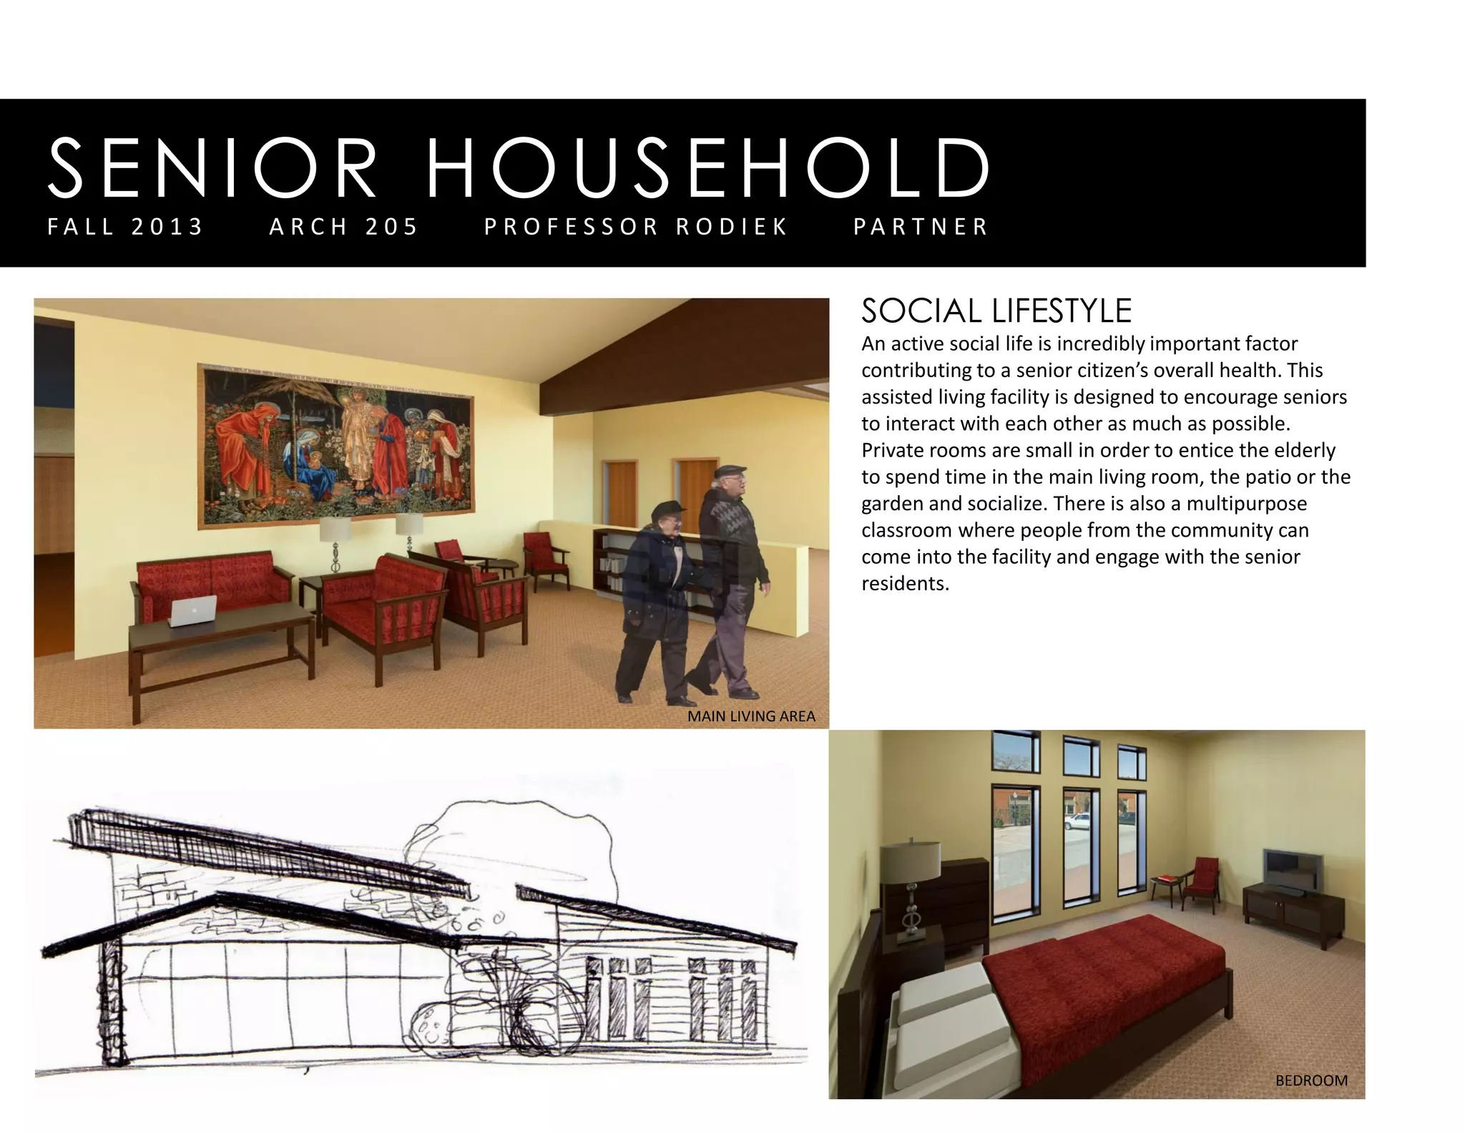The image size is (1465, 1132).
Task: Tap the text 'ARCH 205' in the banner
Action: tap(343, 227)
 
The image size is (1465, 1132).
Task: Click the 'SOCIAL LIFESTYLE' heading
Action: tap(996, 311)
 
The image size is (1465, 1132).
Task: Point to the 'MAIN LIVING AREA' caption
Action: tap(750, 716)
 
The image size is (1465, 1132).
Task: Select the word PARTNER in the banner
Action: tap(921, 227)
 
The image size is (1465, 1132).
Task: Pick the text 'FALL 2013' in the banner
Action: tap(126, 227)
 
